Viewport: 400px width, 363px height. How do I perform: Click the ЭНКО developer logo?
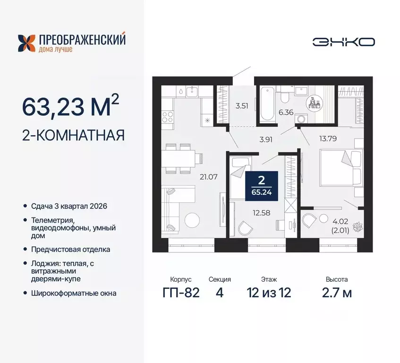tap(343, 42)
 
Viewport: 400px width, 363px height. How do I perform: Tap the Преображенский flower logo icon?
tap(26, 43)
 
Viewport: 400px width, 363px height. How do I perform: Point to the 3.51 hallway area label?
tap(241, 105)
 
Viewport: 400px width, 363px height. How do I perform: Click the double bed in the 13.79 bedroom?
tap(336, 167)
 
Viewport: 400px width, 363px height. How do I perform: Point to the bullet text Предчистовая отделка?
tap(66, 249)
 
